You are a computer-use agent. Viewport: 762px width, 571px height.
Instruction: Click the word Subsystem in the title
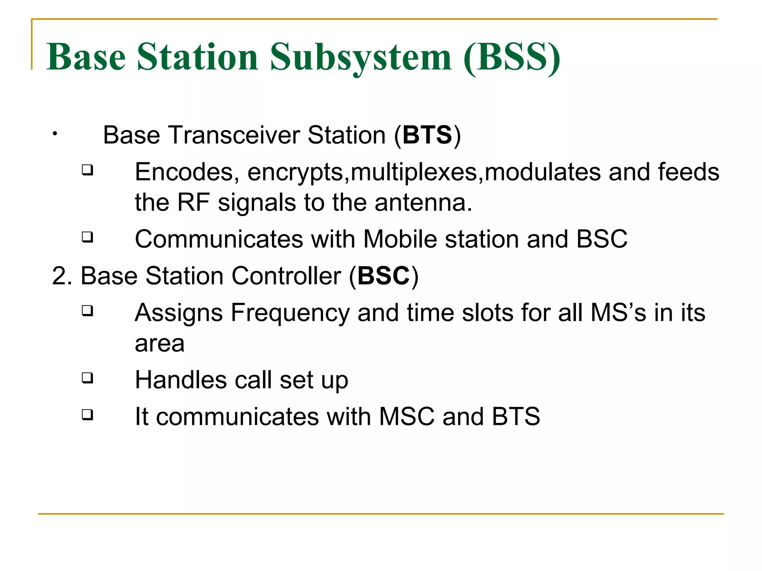pos(360,58)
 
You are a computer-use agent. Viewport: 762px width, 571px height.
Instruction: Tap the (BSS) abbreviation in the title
pos(512,58)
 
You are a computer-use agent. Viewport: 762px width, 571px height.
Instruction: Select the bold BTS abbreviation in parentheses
pos(427,135)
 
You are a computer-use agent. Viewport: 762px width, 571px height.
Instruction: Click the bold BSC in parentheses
pos(384,276)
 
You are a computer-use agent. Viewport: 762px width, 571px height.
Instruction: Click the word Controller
pos(286,276)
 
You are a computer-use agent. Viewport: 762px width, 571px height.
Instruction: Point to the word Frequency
pos(290,313)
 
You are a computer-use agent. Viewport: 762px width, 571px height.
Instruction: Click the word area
pos(160,343)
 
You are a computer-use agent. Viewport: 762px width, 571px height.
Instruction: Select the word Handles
pos(181,380)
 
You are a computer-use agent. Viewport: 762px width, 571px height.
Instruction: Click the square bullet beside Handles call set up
pos(87,378)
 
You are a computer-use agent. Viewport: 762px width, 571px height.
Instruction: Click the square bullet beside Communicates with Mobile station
pos(87,237)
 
